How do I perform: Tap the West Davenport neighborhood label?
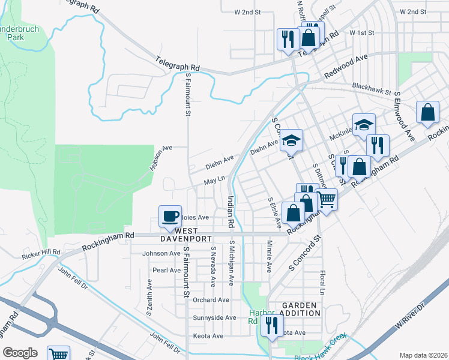coord(186,235)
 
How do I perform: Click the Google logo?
coord(20,352)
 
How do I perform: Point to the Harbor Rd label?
coord(261,317)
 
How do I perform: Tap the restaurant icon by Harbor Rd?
coord(273,326)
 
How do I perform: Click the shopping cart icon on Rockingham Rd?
coord(327,199)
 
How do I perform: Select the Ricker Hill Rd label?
coord(41,253)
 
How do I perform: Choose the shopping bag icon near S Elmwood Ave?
coord(427,113)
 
